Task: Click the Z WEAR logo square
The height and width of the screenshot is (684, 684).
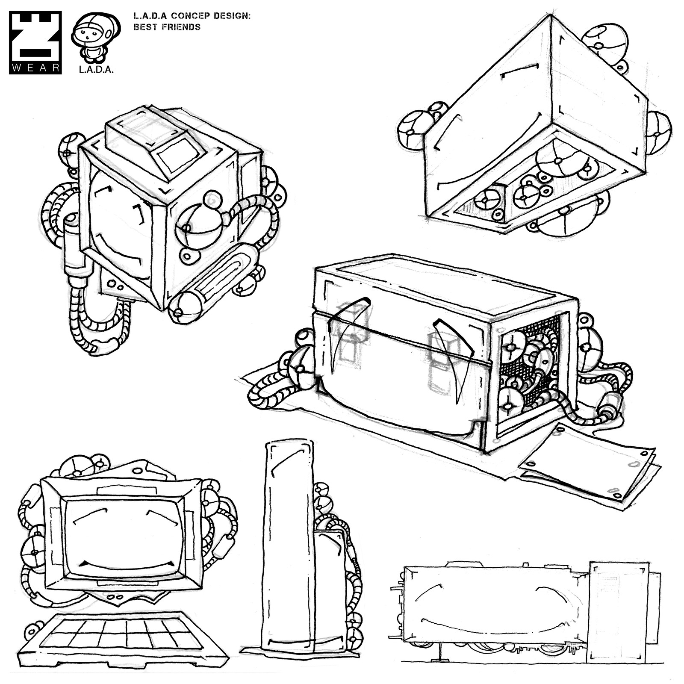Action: [x=35, y=42]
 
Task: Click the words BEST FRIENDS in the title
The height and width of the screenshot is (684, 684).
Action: [x=167, y=27]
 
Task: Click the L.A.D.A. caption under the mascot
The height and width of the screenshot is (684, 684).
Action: [x=96, y=70]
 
